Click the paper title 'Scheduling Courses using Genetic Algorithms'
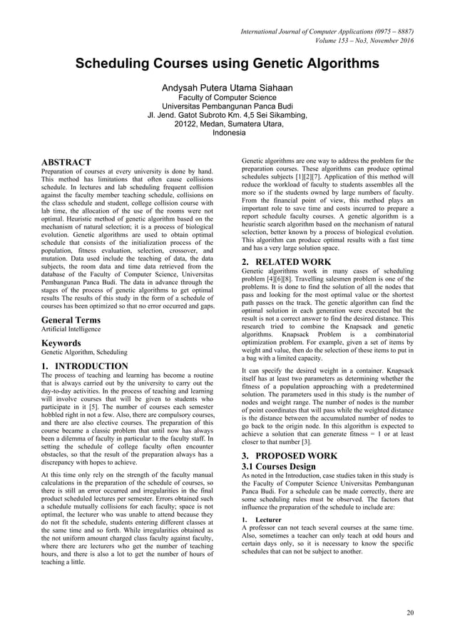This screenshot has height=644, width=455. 227,65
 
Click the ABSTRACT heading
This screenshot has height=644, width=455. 66,162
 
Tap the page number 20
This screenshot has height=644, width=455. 409,613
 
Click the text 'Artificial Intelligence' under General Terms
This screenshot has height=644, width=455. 71,329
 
